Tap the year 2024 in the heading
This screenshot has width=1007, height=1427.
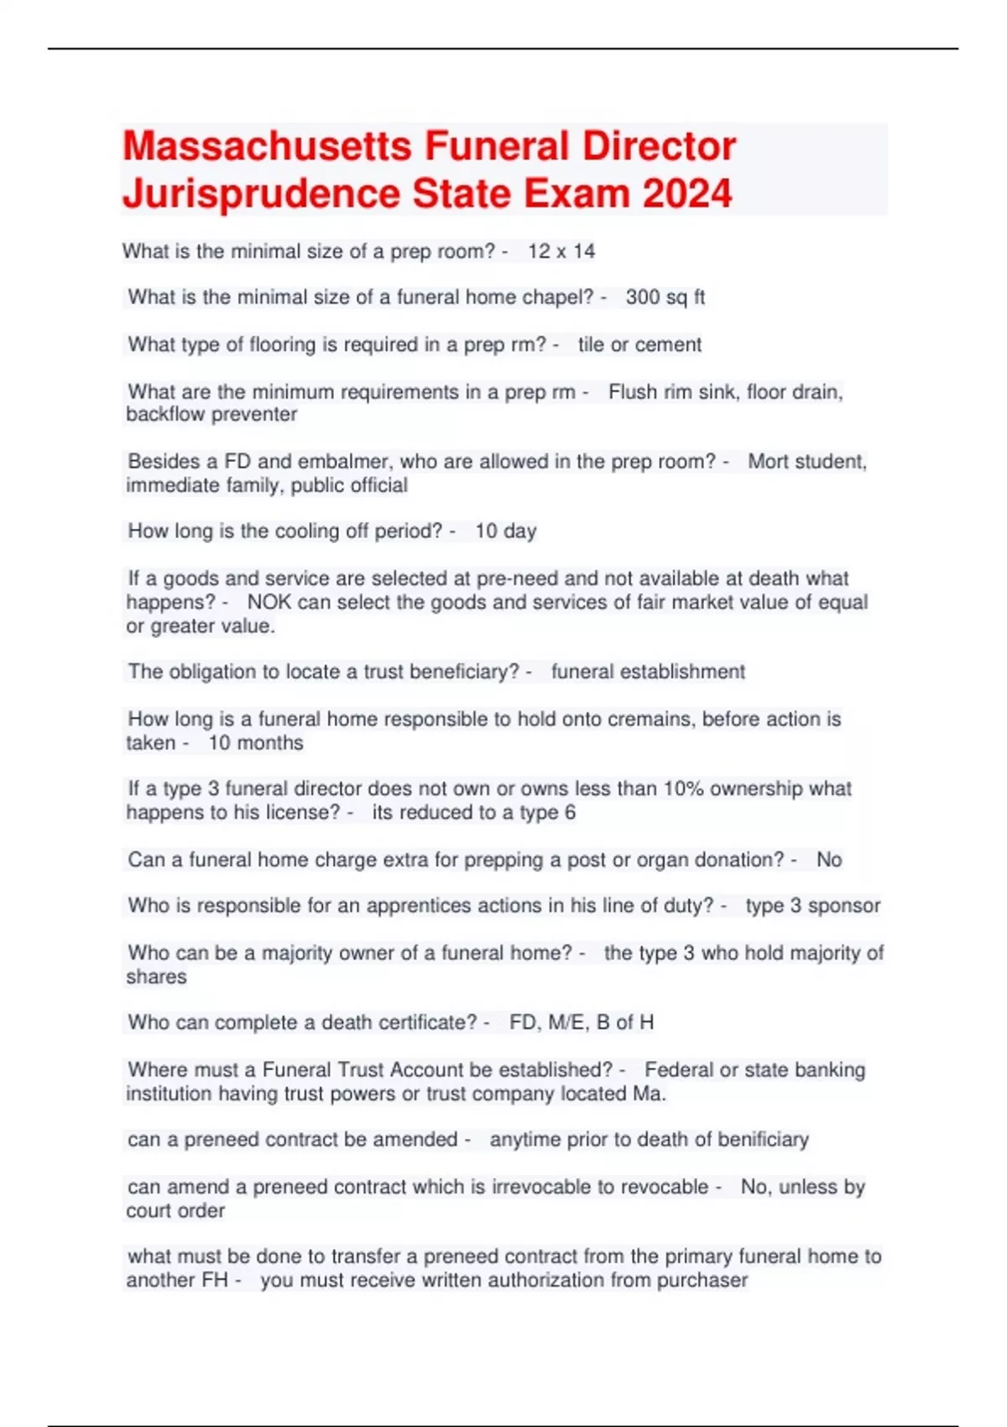point(687,193)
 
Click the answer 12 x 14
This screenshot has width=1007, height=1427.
point(561,251)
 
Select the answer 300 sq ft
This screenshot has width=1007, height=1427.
point(665,297)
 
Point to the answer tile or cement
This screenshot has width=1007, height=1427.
point(639,344)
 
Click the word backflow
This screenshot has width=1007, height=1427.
point(165,415)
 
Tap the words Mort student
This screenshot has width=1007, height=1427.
point(806,462)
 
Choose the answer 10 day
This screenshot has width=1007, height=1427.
point(505,531)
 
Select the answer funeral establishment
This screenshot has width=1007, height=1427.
point(648,672)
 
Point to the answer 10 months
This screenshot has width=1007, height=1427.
point(256,743)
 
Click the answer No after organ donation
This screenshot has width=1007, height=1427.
point(829,860)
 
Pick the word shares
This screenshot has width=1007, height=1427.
point(157,977)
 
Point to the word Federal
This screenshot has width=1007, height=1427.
point(678,1070)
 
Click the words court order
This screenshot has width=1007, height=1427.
point(175,1211)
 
